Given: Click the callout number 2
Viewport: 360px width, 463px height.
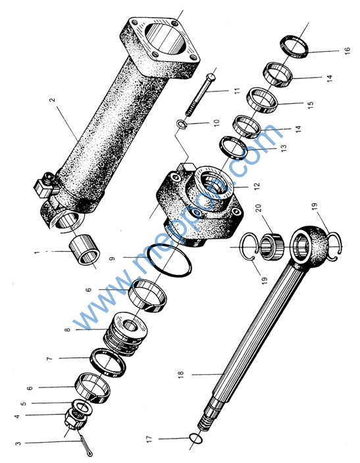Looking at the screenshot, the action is point(52,100).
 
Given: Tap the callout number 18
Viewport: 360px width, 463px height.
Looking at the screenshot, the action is point(181,374).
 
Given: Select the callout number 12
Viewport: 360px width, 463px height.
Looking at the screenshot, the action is point(257,186).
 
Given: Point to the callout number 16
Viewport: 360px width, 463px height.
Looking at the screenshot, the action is point(347,50).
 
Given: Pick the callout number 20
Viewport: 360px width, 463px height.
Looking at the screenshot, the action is point(259,208).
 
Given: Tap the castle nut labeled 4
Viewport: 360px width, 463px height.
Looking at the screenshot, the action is point(76,420).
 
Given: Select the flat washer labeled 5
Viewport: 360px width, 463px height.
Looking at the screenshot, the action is point(82,407).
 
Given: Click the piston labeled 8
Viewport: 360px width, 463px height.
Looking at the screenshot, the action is point(126,333).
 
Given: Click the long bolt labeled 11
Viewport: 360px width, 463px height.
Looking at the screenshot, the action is point(200,95).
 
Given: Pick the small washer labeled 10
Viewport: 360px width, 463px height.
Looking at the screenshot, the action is point(182,124).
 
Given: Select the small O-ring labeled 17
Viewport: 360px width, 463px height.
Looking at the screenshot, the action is point(195,438).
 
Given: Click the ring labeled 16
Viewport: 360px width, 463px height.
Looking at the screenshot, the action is point(294,46).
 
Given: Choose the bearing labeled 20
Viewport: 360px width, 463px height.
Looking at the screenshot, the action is point(271,246).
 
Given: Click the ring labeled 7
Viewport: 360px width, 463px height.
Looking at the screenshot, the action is point(108,362).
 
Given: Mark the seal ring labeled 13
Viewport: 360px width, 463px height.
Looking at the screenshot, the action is point(233,147).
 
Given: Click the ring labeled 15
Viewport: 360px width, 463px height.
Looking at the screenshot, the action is point(263,101).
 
